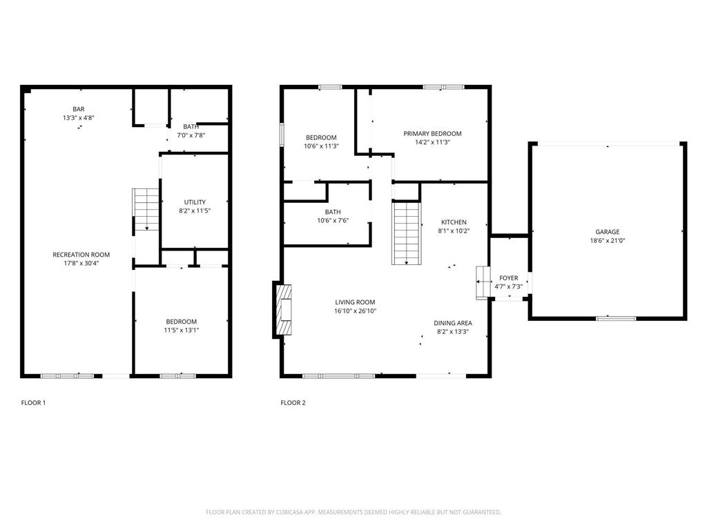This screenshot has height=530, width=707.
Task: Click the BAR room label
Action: tap(78, 109)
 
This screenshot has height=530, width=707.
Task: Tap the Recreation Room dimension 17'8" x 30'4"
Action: tap(81, 263)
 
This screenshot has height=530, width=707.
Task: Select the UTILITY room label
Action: tap(194, 202)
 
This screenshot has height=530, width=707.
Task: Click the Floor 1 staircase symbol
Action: tap(146, 210)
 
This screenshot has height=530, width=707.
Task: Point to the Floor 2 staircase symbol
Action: tap(407, 233)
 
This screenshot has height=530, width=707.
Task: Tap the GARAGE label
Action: tap(608, 232)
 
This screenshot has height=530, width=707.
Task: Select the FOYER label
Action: tap(508, 278)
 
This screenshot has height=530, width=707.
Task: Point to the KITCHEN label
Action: tap(454, 222)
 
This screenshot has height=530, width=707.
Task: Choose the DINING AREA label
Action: tap(453, 322)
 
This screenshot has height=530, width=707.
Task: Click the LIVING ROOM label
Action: tap(355, 302)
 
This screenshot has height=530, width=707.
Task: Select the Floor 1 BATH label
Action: tap(191, 127)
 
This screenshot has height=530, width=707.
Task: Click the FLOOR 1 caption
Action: tap(33, 403)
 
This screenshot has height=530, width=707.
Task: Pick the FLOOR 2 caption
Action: tap(293, 403)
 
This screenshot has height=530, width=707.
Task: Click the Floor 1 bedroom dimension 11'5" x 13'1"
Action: tap(182, 330)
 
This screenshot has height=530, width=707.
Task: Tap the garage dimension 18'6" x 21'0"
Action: tap(608, 241)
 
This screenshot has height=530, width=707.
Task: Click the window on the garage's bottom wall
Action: tap(616, 318)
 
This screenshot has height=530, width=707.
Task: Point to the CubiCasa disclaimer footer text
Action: tap(353, 512)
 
